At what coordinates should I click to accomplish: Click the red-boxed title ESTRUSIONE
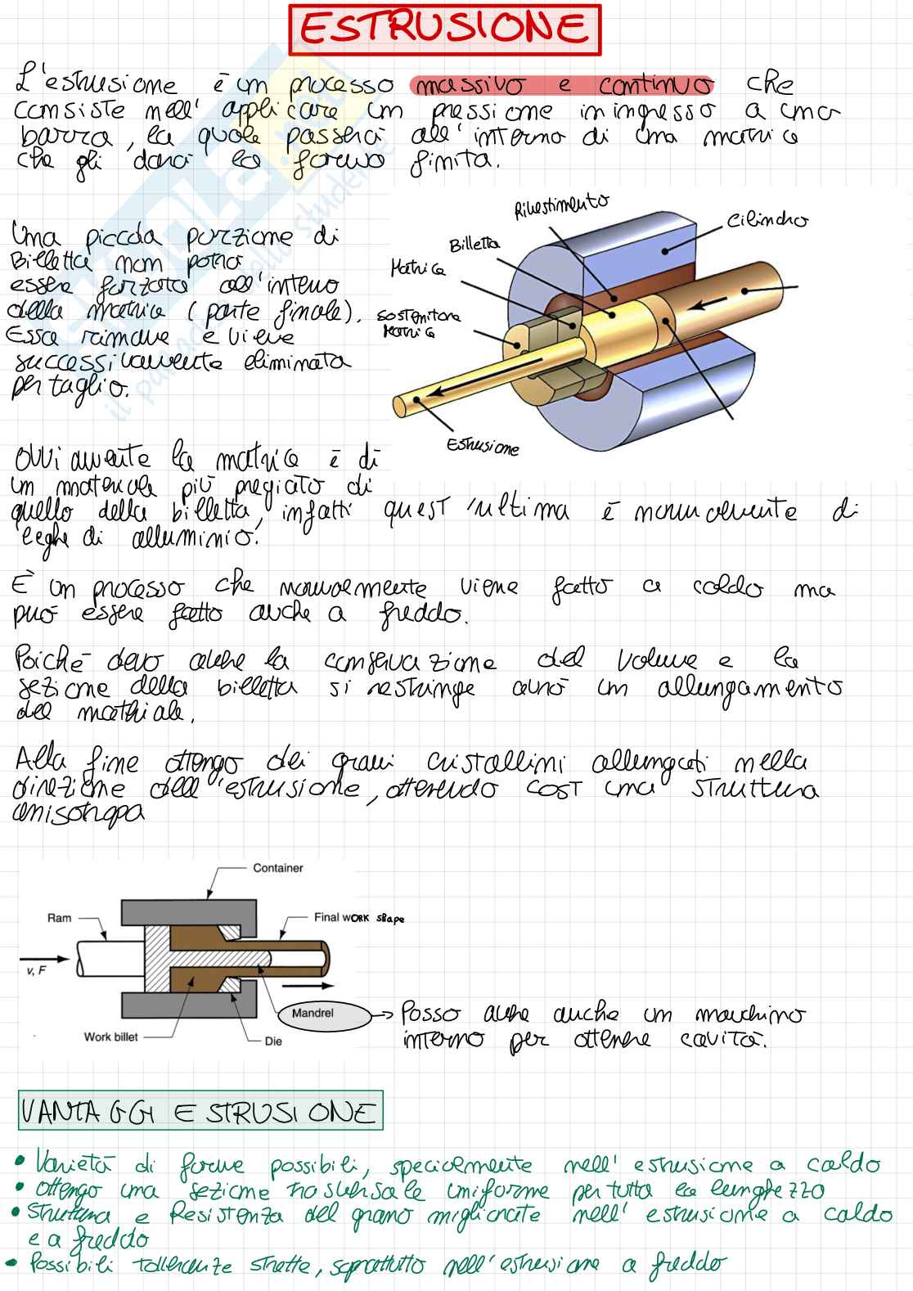pyautogui.click(x=444, y=29)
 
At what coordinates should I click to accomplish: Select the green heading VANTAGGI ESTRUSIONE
pyautogui.click(x=199, y=1112)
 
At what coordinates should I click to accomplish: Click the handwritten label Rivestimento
pyautogui.click(x=561, y=207)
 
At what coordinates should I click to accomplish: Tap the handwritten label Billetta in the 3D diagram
pyautogui.click(x=474, y=245)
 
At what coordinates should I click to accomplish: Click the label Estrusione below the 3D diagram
pyautogui.click(x=483, y=447)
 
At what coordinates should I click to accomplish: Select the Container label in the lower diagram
pyautogui.click(x=277, y=868)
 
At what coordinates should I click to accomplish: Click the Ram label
pyautogui.click(x=59, y=918)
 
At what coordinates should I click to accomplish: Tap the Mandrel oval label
pyautogui.click(x=313, y=1013)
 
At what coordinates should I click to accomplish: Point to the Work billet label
pyautogui.click(x=111, y=1037)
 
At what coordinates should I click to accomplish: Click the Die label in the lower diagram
pyautogui.click(x=273, y=1041)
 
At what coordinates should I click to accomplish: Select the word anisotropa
pyautogui.click(x=80, y=813)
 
